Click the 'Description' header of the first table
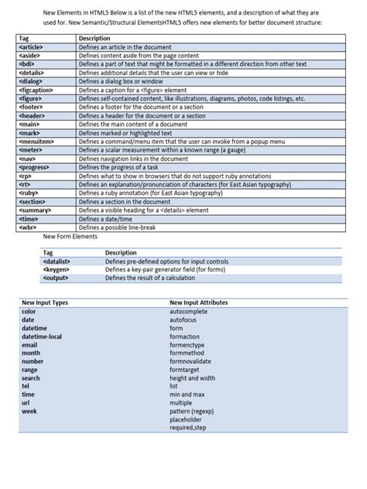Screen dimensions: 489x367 coord(94,39)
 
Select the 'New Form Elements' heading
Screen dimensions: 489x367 coord(70,236)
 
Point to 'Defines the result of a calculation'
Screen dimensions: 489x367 coord(150,277)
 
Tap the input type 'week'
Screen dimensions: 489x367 coord(29,411)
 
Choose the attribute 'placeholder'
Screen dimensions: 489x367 coord(187,419)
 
